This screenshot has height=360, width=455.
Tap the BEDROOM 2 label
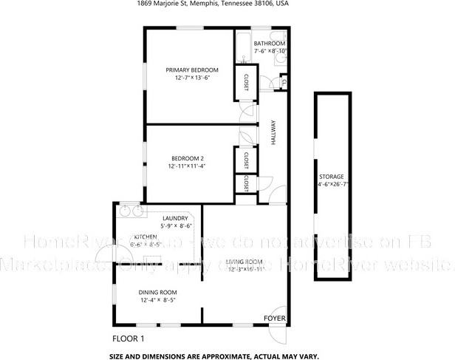(188, 158)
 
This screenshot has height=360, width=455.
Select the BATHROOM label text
(270, 44)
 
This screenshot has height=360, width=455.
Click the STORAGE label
(331, 177)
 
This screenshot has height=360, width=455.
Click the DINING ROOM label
(158, 292)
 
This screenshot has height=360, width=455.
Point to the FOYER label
(273, 318)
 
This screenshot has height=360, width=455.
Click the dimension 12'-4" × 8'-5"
(158, 300)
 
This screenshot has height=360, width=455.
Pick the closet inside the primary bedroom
(244, 82)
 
